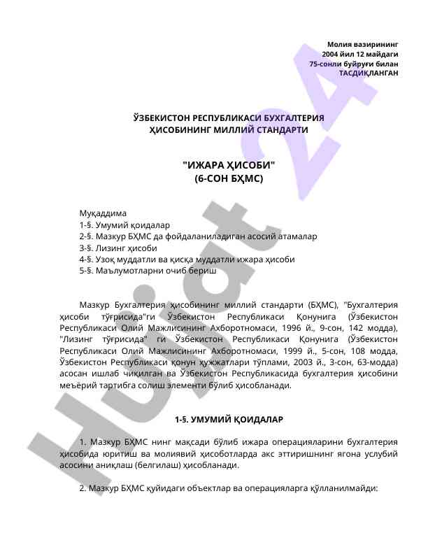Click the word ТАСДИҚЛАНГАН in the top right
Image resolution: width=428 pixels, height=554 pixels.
[369, 72]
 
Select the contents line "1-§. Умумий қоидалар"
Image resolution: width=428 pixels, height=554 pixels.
[124, 225]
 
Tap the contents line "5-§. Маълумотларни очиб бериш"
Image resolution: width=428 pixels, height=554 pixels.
[148, 270]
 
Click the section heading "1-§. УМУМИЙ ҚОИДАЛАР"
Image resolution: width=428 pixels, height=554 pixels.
[229, 420]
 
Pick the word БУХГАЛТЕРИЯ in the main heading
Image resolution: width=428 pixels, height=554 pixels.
[285, 118]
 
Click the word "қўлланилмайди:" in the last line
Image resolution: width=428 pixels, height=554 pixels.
[344, 488]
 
